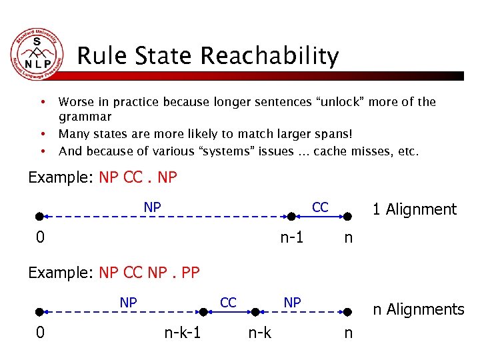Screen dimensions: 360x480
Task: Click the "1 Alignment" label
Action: coord(414,209)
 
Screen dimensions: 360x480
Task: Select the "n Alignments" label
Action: coord(418,309)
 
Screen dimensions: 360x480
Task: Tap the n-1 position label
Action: coord(291,237)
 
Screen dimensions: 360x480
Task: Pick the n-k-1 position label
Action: coord(183,331)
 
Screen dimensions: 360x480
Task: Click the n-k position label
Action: coord(259,331)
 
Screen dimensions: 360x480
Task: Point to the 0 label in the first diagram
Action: coord(41,237)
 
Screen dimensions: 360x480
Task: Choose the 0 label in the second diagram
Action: coord(41,331)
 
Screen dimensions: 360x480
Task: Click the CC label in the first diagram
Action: coord(320,207)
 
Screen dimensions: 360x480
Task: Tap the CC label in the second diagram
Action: coord(228,303)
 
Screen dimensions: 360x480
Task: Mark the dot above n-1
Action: coord(291,216)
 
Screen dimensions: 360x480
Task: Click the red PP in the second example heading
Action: coord(190,272)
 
